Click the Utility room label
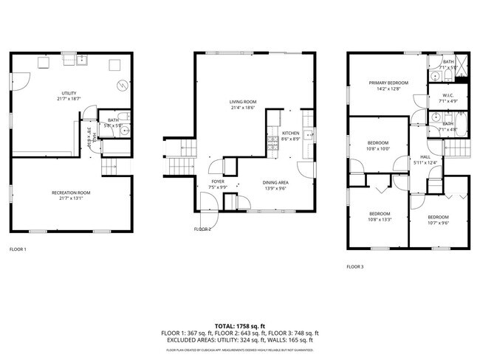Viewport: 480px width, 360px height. pos(69,93)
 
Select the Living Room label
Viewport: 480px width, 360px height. pos(242,102)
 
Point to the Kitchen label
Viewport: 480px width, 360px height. pos(291,134)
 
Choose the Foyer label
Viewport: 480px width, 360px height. pos(218,181)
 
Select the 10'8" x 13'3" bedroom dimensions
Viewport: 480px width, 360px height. pos(380,219)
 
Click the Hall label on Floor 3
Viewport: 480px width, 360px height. pos(425,157)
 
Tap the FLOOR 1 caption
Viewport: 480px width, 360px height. pos(18,249)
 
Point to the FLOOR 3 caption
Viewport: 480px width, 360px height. pos(355,266)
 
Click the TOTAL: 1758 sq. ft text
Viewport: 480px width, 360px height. pos(240,325)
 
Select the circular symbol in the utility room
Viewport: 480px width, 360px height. pos(120,83)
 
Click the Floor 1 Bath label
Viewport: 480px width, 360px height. pos(113,120)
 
